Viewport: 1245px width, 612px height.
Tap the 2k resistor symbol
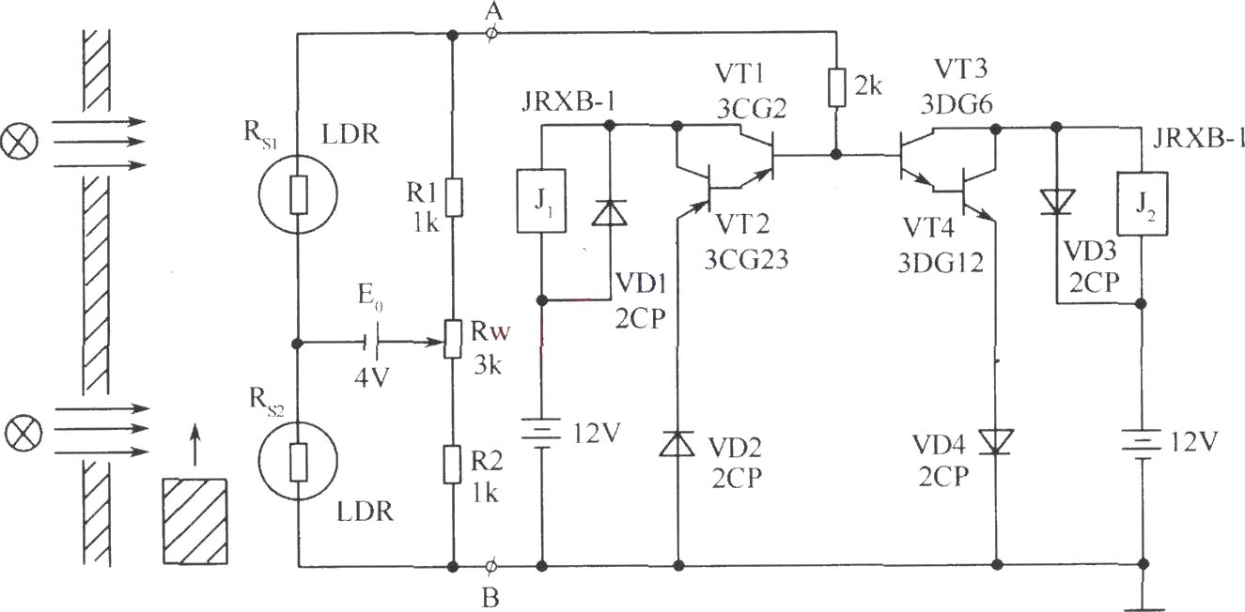coord(836,87)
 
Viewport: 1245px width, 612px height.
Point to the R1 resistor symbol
coord(454,196)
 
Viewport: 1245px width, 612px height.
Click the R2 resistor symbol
coord(452,464)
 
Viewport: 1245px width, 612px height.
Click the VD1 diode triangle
coord(610,213)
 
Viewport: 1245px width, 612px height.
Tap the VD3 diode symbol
coord(1057,202)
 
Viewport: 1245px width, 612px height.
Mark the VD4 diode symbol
coord(996,442)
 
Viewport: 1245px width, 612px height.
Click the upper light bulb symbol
coord(20,140)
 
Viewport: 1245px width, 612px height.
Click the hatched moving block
coord(195,521)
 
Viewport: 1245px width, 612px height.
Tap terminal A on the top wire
coord(491,34)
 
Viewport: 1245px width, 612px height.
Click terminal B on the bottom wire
coord(490,566)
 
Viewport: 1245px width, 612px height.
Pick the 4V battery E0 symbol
coord(371,342)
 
